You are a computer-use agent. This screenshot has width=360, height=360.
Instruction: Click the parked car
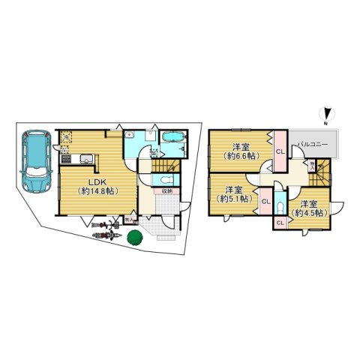pos(34,160)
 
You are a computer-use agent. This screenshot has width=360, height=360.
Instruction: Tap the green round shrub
pos(135,238)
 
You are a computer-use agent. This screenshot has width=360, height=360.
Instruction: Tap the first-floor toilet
pos(165,180)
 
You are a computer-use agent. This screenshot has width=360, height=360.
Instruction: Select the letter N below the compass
pos(324,121)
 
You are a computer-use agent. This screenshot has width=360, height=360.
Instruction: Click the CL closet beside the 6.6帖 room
pos(279,151)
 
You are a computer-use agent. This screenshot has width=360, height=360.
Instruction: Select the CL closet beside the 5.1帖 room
pos(266,200)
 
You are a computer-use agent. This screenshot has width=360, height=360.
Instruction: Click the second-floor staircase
pos(322,177)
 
